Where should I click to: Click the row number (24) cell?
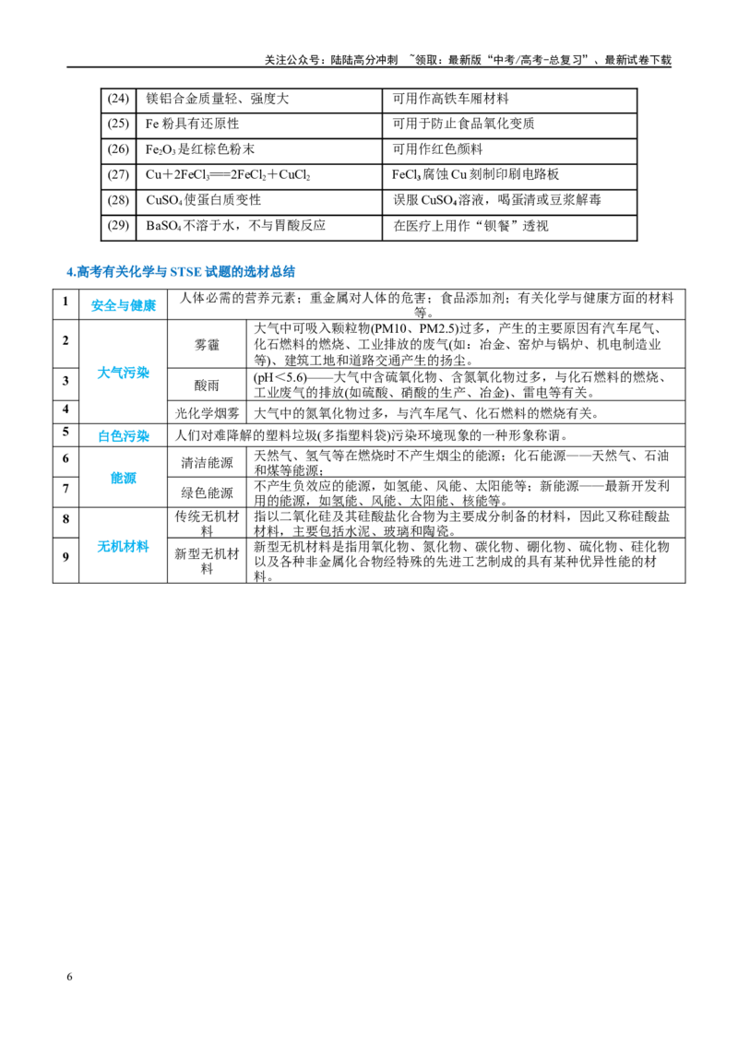coord(118,99)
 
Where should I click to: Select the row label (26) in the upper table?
coord(118,149)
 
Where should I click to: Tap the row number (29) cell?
coord(118,225)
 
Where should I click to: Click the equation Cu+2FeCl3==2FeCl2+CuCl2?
coord(228,174)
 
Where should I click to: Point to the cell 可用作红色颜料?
coord(437,149)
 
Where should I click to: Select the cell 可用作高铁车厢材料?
coord(450,99)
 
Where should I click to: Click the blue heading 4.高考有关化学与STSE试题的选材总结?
coord(181,272)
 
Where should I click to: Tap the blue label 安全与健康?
coord(124,305)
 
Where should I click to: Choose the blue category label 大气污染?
coord(124,373)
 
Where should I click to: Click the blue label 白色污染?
coord(124,436)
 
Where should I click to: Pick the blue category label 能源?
coord(124,478)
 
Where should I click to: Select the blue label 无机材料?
coord(124,547)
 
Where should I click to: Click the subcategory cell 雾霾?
coord(207,345)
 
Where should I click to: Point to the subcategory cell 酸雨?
coord(207,385)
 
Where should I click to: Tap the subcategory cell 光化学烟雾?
coord(207,413)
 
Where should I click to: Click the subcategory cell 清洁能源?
coord(207,463)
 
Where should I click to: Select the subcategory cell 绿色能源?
coord(207,492)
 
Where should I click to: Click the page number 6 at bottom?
coord(69,977)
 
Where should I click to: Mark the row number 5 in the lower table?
coord(65,432)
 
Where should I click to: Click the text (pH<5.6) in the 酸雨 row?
coord(280,377)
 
